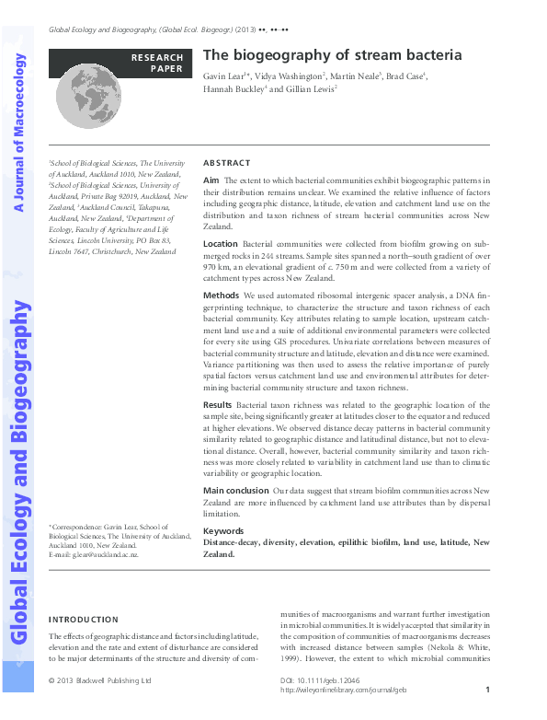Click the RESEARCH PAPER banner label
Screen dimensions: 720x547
tap(157, 63)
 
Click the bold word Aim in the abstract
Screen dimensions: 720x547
tap(211, 180)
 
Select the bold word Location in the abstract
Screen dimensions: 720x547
tap(220, 245)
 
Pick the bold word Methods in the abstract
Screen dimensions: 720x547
tap(221, 296)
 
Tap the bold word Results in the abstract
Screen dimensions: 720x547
tap(217, 404)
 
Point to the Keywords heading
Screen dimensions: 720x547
tap(223, 531)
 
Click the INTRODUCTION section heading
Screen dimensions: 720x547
tap(83, 620)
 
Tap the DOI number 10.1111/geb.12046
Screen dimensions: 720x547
tap(315, 680)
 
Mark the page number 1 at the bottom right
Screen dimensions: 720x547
tap(487, 690)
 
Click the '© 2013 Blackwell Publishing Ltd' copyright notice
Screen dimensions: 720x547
tap(99, 680)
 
